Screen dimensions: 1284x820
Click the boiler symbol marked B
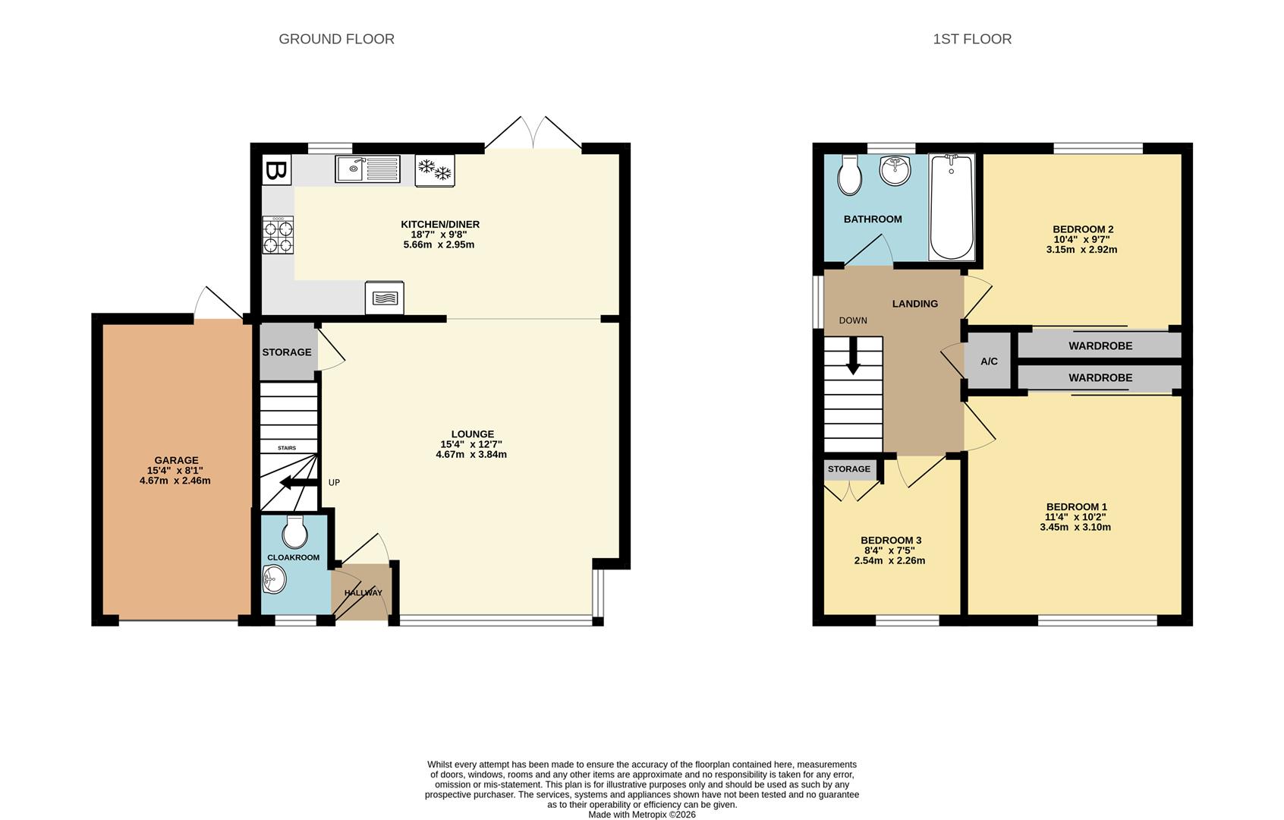tap(276, 170)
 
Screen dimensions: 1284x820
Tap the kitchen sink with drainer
tap(367, 169)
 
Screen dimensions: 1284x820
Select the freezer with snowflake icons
tap(435, 170)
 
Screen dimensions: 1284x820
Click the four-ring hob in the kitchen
tap(278, 235)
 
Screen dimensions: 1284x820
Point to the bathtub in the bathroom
tap(952, 207)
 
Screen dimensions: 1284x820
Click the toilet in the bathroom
tap(849, 175)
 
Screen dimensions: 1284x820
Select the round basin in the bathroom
tap(895, 170)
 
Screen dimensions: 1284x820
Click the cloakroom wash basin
tap(274, 579)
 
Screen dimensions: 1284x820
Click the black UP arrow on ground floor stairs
tap(299, 483)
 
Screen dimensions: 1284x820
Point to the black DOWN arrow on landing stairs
tap(854, 355)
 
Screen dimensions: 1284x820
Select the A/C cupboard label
tap(989, 361)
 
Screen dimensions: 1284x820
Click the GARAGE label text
tap(176, 460)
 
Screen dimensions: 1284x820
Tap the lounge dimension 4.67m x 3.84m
tap(471, 454)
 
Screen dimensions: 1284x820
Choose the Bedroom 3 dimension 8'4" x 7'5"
tap(889, 550)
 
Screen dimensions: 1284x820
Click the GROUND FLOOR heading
tap(336, 39)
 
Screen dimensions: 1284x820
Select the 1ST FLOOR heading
tap(972, 39)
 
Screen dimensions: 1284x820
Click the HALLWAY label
tap(363, 592)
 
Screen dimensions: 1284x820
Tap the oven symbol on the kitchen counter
tap(385, 298)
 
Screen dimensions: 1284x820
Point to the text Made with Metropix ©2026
tap(642, 814)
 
